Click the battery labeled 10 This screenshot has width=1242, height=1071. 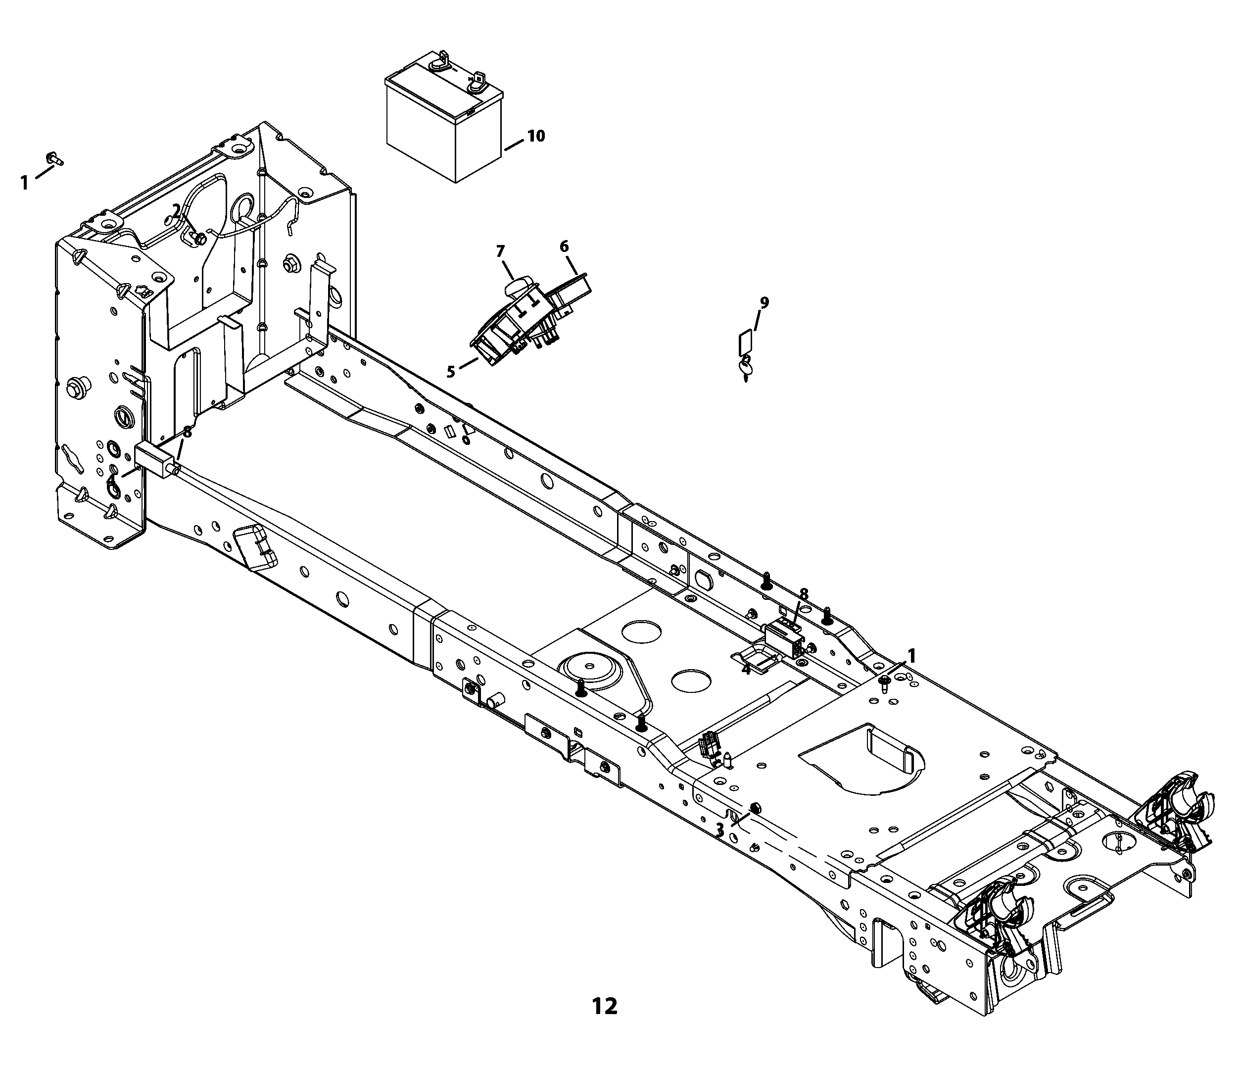click(443, 117)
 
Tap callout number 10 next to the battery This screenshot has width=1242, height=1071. click(536, 136)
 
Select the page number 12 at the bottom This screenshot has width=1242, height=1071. click(604, 1006)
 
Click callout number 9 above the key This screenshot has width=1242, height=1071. click(764, 302)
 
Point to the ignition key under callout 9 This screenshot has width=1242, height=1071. click(746, 368)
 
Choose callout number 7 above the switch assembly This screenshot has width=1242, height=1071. click(501, 250)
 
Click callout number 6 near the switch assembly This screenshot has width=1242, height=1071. click(564, 246)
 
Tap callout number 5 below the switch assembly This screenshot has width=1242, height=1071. click(451, 371)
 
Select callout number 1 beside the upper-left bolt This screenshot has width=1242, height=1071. click(25, 182)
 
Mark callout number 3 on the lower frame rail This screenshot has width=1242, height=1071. click(720, 830)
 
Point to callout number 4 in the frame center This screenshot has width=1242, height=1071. click(746, 669)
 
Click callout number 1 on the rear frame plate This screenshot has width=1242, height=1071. click(912, 657)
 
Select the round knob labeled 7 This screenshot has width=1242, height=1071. click(519, 286)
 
